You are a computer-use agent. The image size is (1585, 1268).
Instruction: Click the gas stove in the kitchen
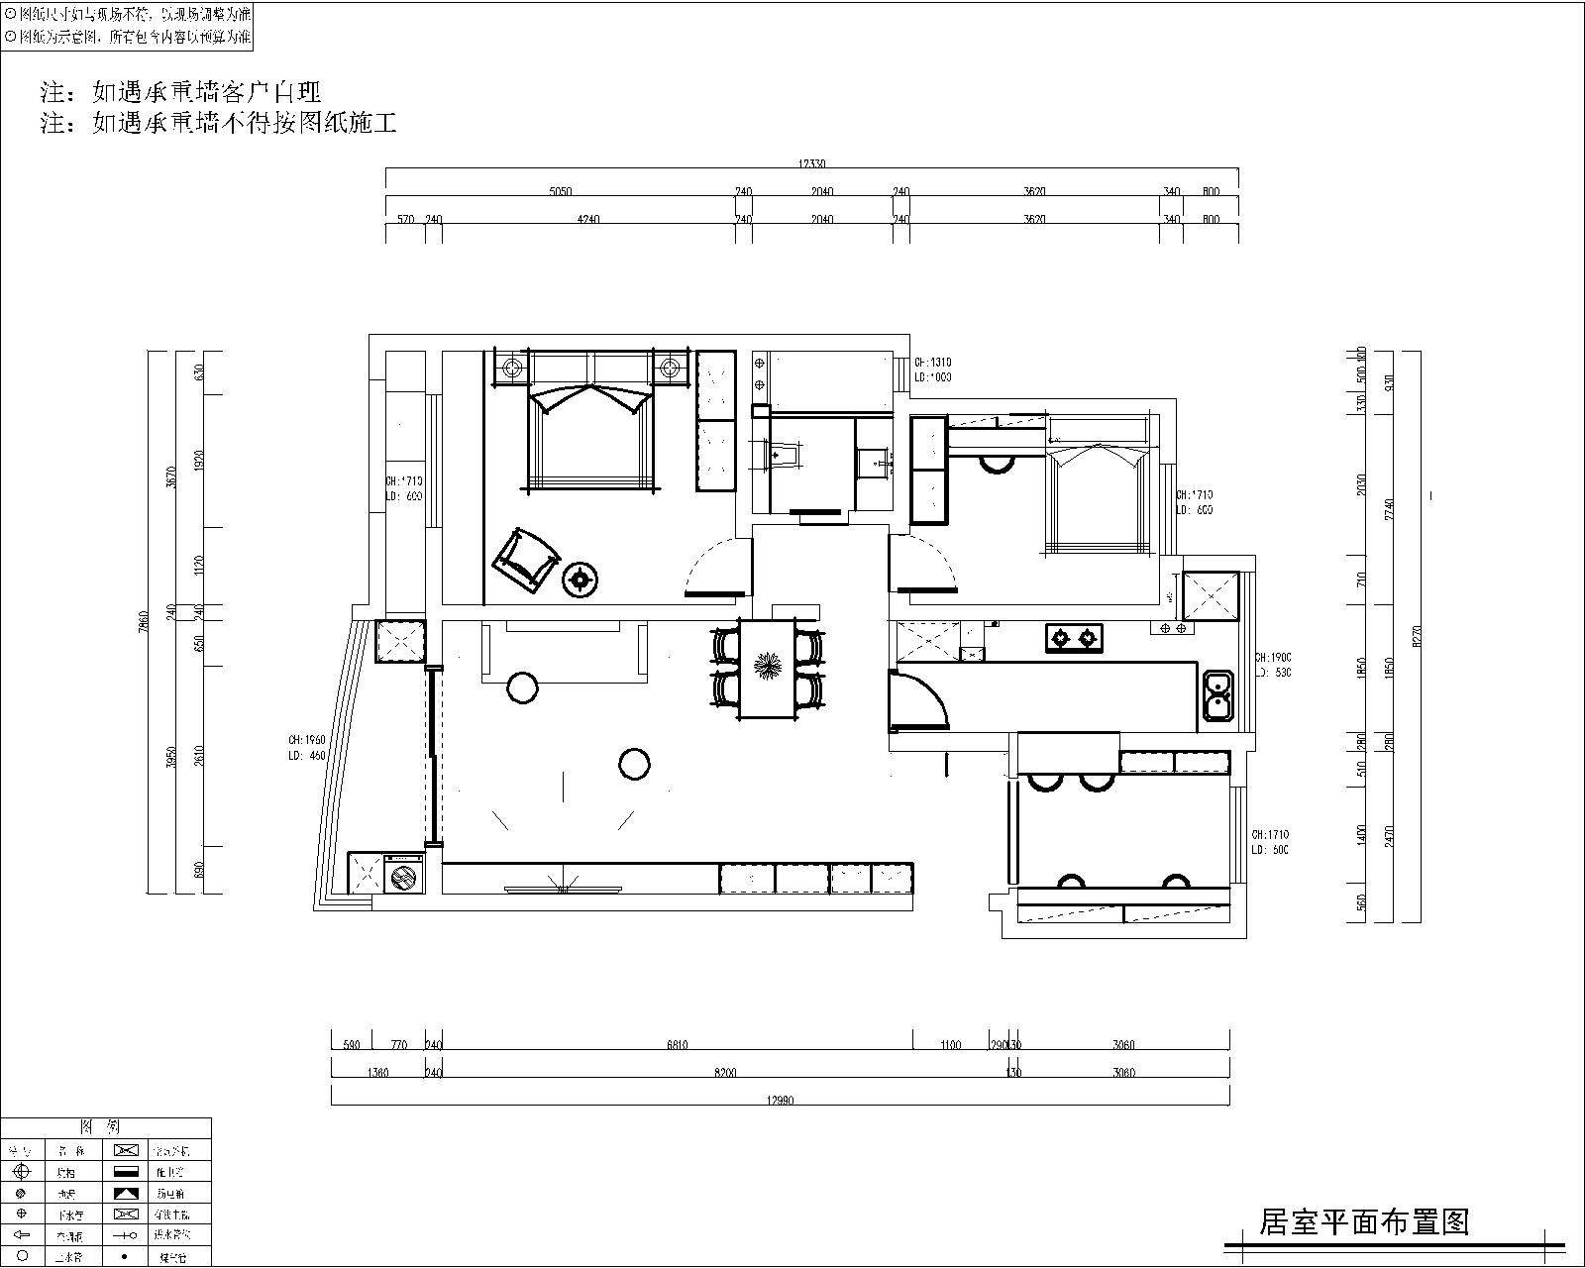point(1074,638)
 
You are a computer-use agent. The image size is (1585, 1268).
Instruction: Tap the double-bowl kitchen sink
point(1216,694)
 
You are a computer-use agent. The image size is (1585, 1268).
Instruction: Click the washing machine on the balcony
point(403,876)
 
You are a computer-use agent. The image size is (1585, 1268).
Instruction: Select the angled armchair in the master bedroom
point(525,562)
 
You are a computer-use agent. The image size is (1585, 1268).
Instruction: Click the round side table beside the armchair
point(580,581)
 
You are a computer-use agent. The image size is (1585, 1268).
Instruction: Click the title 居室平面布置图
point(1364,1221)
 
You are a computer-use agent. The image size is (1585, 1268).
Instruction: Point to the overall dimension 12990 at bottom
point(779,1100)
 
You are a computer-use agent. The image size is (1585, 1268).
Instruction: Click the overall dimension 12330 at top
point(811,164)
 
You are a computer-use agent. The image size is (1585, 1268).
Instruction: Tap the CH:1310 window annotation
point(932,363)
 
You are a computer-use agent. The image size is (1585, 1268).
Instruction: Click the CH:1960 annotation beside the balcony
point(307,739)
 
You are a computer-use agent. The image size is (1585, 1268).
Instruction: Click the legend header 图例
point(106,1127)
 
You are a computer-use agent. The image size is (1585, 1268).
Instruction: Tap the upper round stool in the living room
point(521,687)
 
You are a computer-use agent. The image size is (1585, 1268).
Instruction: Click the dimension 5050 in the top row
point(561,192)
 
